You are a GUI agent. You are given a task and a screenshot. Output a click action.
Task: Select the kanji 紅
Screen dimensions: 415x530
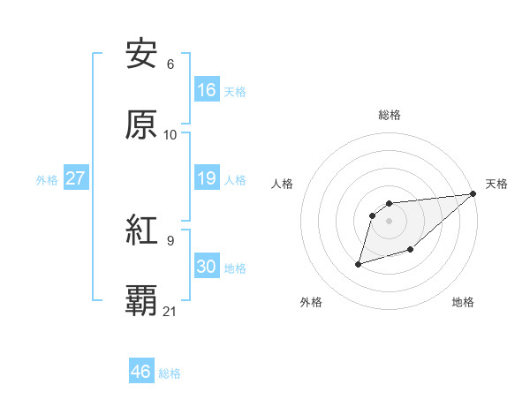point(141,231)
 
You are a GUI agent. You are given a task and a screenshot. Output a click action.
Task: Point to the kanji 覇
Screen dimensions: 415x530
point(141,301)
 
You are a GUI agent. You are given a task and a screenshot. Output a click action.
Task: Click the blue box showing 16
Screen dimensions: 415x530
point(206,90)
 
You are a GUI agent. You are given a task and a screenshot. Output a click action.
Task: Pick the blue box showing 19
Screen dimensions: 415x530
point(206,179)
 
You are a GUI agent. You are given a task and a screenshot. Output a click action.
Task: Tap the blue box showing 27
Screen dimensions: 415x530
point(75,178)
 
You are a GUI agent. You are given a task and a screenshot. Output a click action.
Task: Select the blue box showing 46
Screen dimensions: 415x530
point(141,372)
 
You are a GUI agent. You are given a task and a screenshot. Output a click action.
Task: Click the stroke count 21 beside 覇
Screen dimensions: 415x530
point(170,311)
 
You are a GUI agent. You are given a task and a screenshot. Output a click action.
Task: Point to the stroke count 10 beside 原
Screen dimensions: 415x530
point(170,134)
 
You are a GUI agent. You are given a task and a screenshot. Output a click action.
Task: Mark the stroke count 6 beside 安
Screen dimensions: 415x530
point(170,64)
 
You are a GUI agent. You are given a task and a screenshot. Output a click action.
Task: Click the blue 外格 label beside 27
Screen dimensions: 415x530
point(47,180)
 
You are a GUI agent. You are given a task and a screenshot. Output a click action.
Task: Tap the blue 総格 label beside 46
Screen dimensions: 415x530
point(170,373)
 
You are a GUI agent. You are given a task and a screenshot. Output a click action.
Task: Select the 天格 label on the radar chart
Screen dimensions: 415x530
point(496,184)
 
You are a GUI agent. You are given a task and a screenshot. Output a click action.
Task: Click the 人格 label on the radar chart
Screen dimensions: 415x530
point(283,184)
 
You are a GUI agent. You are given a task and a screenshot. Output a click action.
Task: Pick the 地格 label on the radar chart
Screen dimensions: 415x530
point(463,302)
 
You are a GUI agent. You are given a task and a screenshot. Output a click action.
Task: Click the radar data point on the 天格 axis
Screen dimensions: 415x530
point(474,193)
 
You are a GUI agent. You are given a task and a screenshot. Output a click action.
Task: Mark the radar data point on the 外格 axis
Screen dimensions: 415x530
point(359,263)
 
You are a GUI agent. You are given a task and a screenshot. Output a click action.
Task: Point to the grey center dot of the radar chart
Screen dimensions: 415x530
point(389,221)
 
